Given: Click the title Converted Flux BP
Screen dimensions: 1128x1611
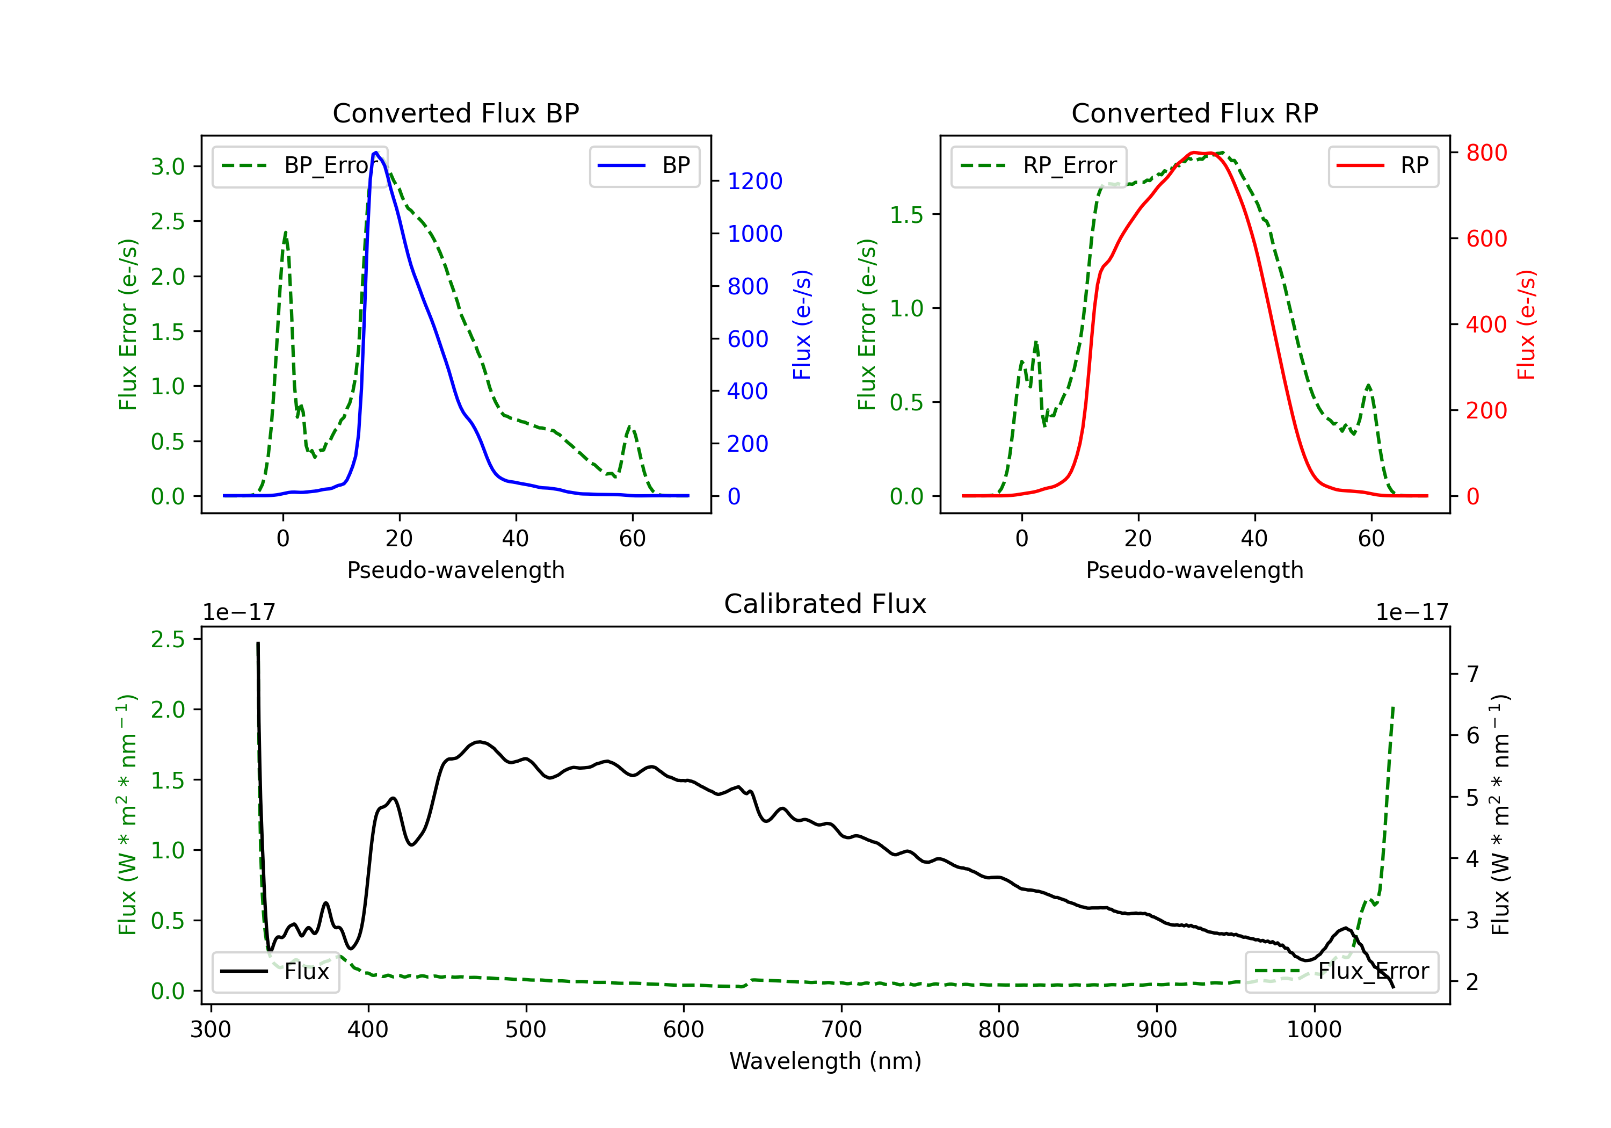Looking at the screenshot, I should point(455,113).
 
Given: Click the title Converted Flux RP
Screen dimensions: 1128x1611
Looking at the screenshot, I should point(1194,113).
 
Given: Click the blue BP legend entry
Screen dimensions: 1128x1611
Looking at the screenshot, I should point(676,165).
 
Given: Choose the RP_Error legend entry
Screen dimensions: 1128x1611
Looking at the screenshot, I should point(1069,165).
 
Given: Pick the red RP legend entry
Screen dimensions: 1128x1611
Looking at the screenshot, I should point(1414,165).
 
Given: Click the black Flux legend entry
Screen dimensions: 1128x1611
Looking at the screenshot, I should point(307,972).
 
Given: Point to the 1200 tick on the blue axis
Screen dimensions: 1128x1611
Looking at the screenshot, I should point(754,181).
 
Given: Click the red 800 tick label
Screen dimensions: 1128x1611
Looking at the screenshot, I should point(1486,153).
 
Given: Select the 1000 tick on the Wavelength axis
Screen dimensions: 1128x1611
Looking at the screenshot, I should point(1314,1030).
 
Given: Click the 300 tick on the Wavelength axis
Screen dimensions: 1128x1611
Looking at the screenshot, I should point(211,1030).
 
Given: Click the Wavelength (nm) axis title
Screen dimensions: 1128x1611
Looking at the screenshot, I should point(825,1061).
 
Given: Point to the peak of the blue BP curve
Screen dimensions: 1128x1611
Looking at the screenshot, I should point(376,153).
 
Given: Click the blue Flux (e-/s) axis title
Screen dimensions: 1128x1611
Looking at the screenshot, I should point(802,325).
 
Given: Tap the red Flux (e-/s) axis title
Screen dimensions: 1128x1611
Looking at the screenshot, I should point(1526,325).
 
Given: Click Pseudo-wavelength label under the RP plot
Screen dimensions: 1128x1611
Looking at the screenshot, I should point(1194,570).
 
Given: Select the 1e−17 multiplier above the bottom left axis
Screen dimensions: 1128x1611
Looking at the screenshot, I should point(238,613).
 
